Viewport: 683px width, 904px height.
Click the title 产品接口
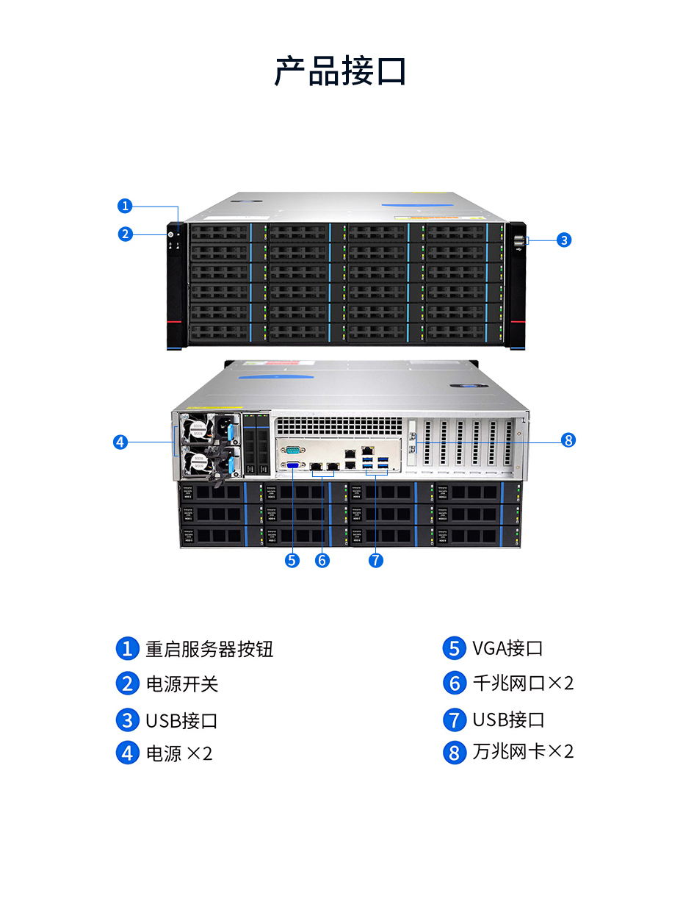pyautogui.click(x=341, y=71)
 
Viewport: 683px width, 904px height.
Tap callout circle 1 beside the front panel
pyautogui.click(x=126, y=206)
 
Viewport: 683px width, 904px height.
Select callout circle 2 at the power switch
pyautogui.click(x=126, y=234)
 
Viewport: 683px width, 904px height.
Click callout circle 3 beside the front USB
pyautogui.click(x=563, y=240)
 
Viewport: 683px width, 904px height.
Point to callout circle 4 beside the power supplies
pyautogui.click(x=121, y=442)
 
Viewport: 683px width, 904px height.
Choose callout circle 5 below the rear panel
pyautogui.click(x=292, y=560)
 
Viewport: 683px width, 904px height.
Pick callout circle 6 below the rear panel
pyautogui.click(x=322, y=560)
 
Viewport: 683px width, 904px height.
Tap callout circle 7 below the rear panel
pyautogui.click(x=375, y=560)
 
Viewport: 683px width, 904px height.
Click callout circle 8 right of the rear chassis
pyautogui.click(x=567, y=440)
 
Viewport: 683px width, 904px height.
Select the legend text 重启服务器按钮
pyautogui.click(x=209, y=649)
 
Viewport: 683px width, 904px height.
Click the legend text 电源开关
pyautogui.click(x=182, y=684)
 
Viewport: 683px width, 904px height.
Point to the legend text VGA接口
pyautogui.click(x=507, y=648)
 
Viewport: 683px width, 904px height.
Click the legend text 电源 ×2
pyautogui.click(x=179, y=753)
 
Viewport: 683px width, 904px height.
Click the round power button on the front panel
pyautogui.click(x=171, y=235)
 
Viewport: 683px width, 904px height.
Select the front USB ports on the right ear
pyautogui.click(x=520, y=240)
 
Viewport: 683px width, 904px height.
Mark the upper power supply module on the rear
pyautogui.click(x=209, y=428)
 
